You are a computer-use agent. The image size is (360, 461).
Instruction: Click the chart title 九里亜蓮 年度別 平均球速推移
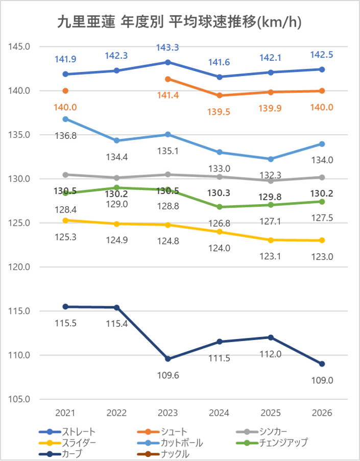point(179,22)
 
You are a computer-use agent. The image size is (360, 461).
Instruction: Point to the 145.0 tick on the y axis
point(20,46)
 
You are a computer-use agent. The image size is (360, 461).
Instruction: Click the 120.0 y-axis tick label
point(20,267)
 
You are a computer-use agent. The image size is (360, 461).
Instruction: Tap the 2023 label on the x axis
point(168,413)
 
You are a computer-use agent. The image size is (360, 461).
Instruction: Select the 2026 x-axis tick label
point(322,413)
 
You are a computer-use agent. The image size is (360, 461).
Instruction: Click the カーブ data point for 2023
point(168,359)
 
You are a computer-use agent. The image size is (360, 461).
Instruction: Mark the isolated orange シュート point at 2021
point(65,91)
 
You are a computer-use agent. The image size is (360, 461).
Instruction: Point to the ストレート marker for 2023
point(168,62)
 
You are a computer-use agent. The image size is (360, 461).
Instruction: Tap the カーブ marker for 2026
point(322,364)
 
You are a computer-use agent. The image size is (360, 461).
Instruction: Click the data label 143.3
point(168,47)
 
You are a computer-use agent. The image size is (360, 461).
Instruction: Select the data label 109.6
point(168,375)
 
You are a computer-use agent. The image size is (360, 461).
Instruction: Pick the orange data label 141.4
point(168,95)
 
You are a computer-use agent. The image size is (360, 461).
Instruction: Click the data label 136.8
point(65,135)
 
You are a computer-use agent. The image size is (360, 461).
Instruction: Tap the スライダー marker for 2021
point(65,221)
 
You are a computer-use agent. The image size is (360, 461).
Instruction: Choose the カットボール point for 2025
point(271,159)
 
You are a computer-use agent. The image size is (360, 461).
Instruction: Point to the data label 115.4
point(116,324)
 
